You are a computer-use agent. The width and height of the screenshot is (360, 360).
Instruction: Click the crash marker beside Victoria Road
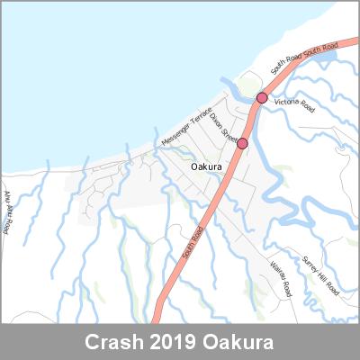[262, 97]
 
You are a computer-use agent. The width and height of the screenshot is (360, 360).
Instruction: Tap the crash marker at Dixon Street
[242, 143]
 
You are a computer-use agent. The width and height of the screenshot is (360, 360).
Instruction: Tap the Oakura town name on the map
[208, 166]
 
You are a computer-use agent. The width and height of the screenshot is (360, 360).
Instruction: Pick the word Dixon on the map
[216, 121]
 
